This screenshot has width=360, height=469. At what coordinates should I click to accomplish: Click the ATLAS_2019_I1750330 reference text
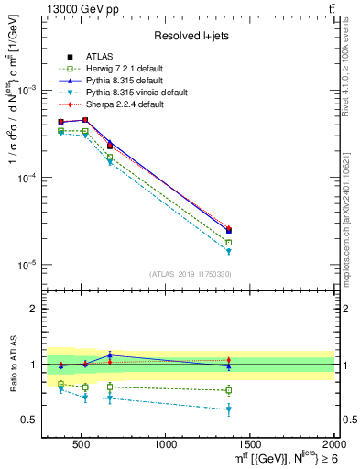click(190, 274)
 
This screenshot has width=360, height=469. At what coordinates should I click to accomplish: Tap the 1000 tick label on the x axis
click(166, 445)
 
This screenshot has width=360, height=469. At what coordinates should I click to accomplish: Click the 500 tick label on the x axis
click(82, 445)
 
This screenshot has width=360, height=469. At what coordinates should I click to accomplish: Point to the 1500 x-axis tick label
click(250, 445)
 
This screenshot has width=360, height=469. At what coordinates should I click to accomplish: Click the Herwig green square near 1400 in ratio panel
click(229, 390)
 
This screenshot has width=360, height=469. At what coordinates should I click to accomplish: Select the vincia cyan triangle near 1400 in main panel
click(229, 252)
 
